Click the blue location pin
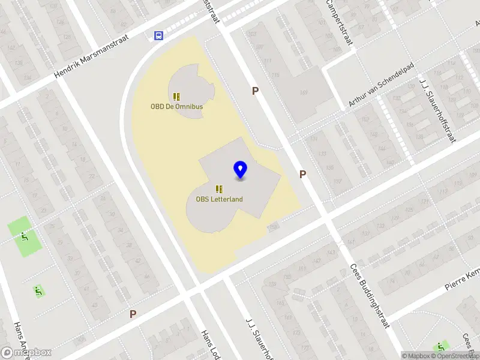[241, 170]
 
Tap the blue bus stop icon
[158, 35]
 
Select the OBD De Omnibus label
[176, 107]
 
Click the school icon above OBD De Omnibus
[176, 96]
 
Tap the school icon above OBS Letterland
[220, 189]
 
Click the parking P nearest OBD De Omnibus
[255, 91]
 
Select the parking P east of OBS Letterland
[303, 174]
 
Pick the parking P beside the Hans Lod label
[133, 314]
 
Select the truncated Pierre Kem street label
[463, 278]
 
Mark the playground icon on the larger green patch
[24, 236]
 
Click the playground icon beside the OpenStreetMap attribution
[442, 346]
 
